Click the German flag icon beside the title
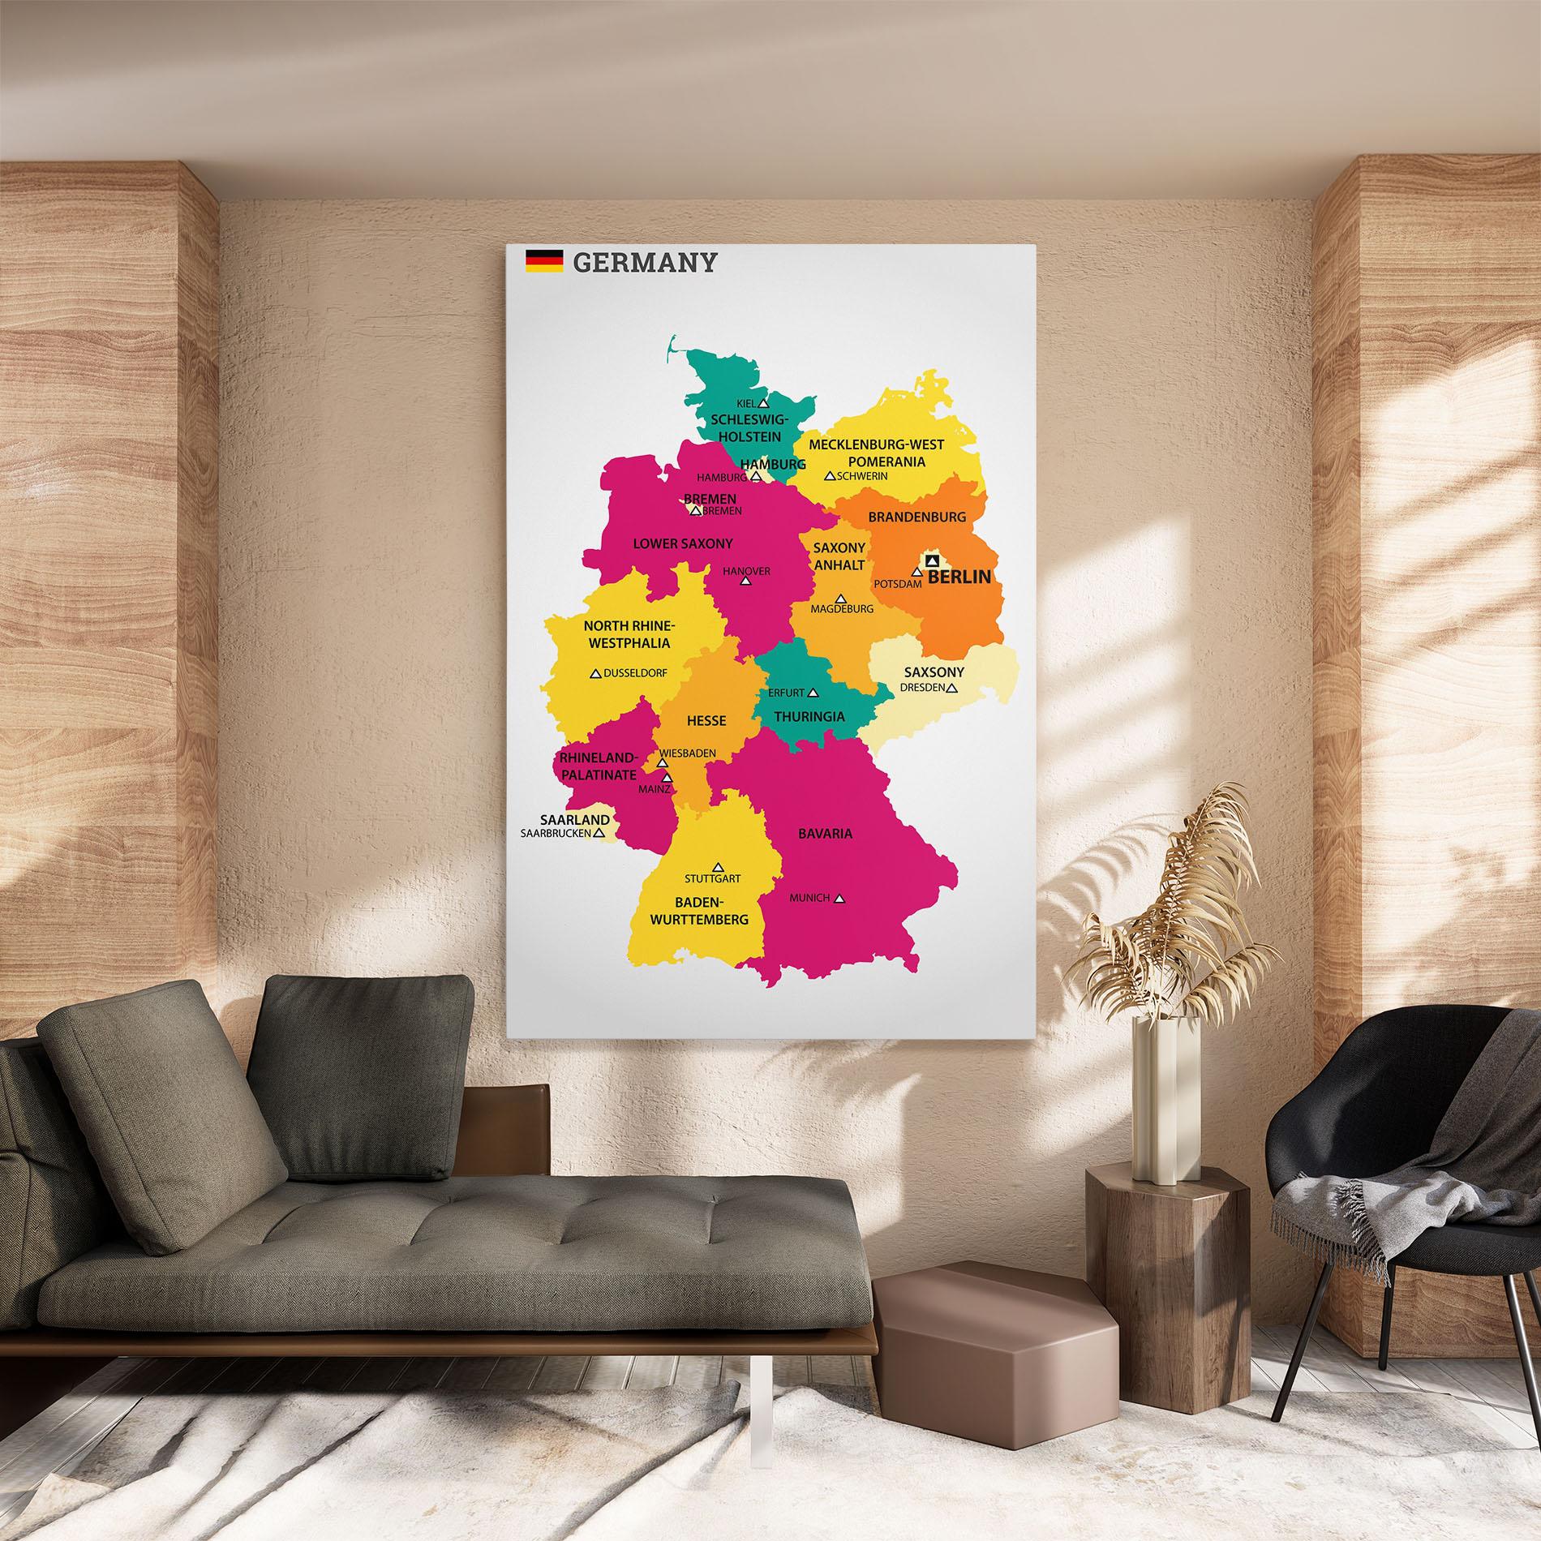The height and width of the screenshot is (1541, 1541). [543, 261]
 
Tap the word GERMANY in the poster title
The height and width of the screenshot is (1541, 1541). [645, 262]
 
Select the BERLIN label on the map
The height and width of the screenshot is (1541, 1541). [959, 577]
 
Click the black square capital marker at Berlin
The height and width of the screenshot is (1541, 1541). [932, 560]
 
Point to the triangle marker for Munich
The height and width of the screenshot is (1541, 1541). [839, 899]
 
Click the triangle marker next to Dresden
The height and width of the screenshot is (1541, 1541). [952, 688]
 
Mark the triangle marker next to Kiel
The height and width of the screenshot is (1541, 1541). [762, 402]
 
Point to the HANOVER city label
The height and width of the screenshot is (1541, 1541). [746, 571]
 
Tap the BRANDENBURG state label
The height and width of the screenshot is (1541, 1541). [917, 517]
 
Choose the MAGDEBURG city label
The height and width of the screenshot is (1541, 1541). [842, 608]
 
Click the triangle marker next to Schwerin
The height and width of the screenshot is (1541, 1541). [830, 476]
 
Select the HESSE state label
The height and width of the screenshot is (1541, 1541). [706, 720]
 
